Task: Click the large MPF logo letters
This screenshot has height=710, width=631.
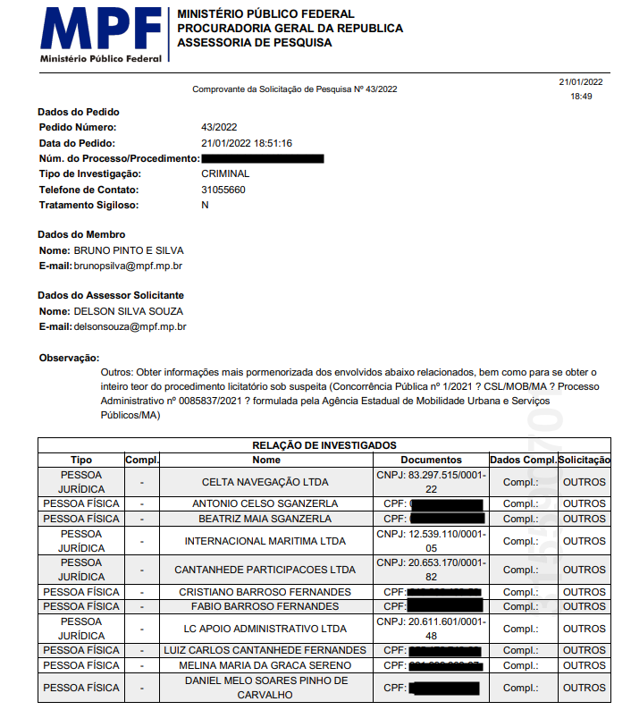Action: pos(99,30)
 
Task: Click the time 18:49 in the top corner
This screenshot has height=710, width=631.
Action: pos(581,96)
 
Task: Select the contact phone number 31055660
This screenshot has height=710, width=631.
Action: pos(223,190)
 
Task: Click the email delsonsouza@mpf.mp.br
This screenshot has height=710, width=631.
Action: pos(130,327)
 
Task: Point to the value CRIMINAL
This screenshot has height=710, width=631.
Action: pos(225,173)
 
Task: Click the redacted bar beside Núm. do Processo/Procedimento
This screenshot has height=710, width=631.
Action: pos(263,158)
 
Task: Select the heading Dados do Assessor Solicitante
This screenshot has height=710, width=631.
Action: pos(111,295)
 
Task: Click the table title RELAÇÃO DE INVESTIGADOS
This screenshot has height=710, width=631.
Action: pos(324,444)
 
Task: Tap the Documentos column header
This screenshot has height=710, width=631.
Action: pos(432,460)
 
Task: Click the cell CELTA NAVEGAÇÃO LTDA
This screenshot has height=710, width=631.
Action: pos(265,482)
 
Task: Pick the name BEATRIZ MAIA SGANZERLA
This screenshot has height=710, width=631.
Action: pos(265,519)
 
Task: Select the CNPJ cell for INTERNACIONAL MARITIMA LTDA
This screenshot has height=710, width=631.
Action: pos(432,541)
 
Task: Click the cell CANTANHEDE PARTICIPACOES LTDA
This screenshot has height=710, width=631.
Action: pos(265,570)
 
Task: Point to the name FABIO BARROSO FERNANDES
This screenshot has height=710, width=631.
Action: pos(265,606)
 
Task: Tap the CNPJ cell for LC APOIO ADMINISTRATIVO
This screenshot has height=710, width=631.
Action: pos(432,628)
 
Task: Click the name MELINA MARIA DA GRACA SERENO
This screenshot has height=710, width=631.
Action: pos(265,665)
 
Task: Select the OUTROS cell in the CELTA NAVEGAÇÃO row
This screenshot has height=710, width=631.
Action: pos(584,482)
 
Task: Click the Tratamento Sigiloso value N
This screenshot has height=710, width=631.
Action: pos(205,205)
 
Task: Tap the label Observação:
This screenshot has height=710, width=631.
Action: pos(69,358)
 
